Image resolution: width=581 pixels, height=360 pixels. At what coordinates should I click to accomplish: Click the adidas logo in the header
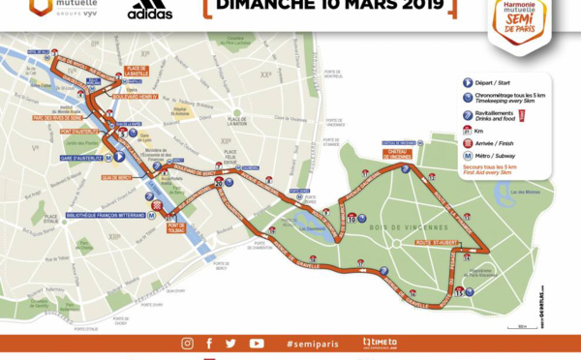pos(150,11)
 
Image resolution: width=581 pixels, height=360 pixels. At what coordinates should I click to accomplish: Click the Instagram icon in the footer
pos(187,343)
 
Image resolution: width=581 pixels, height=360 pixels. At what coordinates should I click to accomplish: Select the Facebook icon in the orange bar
pos(209,343)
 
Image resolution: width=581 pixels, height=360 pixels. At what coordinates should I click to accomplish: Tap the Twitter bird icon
pos(230,343)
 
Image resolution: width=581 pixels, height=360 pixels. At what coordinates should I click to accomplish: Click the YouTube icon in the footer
pos(257,343)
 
